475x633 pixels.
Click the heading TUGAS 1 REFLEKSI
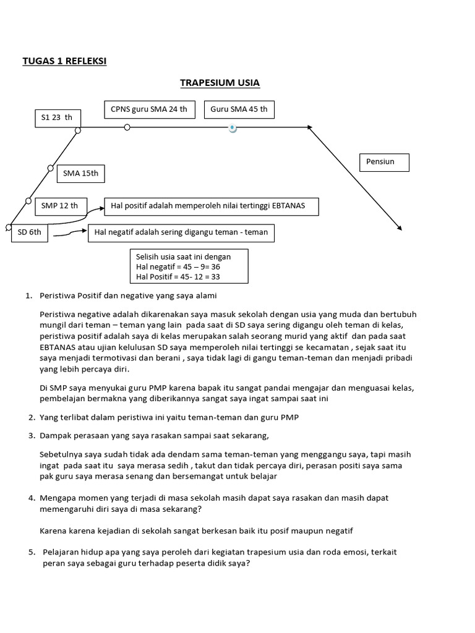click(64, 61)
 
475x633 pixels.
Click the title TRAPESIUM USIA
click(220, 83)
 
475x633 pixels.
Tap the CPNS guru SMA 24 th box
click(148, 109)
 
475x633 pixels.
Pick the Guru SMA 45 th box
click(239, 109)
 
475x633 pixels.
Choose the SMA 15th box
click(80, 173)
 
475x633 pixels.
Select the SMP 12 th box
click(60, 205)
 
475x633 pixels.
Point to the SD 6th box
click(30, 232)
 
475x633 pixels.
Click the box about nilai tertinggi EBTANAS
click(212, 206)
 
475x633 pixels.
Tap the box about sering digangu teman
click(181, 233)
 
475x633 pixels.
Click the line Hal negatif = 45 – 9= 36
click(174, 266)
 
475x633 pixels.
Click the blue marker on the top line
click(232, 128)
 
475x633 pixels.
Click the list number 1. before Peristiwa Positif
click(28, 295)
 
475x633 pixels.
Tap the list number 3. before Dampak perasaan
click(30, 435)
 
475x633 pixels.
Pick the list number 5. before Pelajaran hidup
click(31, 552)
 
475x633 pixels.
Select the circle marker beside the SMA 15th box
click(51, 168)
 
